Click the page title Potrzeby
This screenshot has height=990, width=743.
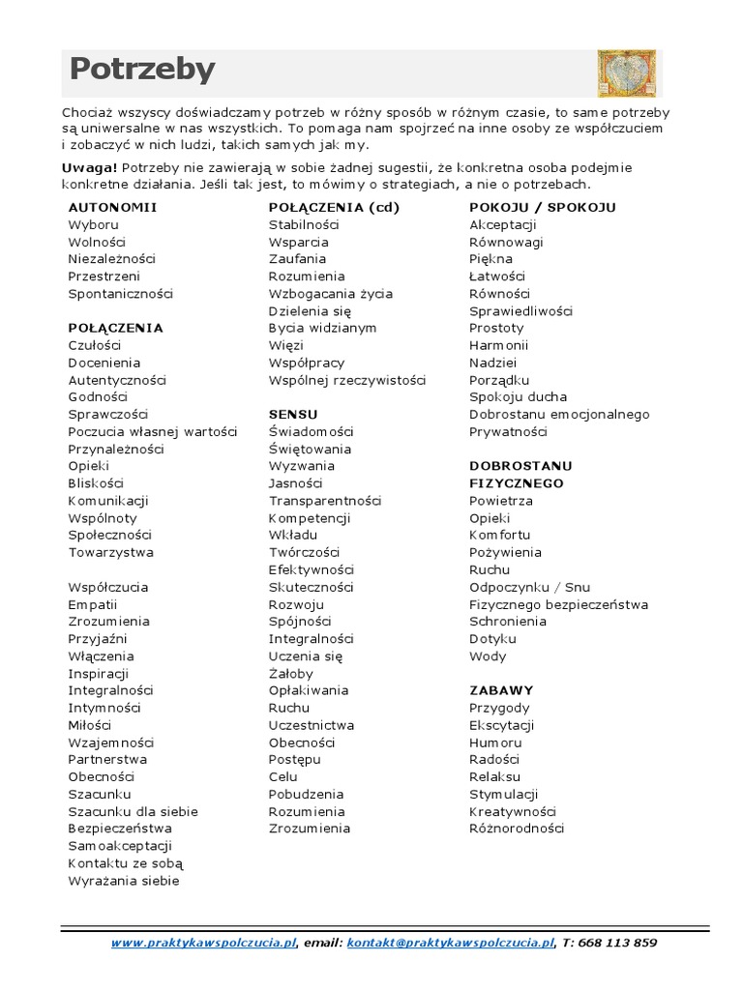click(142, 71)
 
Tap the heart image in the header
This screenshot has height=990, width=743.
click(626, 73)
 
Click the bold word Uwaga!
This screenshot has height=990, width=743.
click(89, 167)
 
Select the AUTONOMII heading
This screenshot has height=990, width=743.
click(112, 207)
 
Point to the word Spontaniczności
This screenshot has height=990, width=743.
click(120, 293)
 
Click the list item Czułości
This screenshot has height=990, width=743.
click(94, 345)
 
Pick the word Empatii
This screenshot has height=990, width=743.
click(92, 604)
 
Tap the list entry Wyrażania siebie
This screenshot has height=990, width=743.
click(124, 881)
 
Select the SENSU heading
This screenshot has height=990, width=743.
click(293, 414)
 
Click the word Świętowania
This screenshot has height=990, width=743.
click(310, 449)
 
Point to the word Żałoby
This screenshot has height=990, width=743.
click(290, 673)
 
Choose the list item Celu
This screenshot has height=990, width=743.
click(283, 776)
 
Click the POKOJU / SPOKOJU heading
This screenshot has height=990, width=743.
click(542, 207)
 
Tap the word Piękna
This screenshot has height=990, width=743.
click(490, 259)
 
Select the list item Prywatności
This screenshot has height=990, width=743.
click(508, 431)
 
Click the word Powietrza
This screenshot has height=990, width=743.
click(501, 501)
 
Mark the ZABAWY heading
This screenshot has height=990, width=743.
click(501, 690)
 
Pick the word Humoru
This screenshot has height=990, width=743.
click(495, 742)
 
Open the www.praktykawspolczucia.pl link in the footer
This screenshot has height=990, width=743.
click(203, 943)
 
